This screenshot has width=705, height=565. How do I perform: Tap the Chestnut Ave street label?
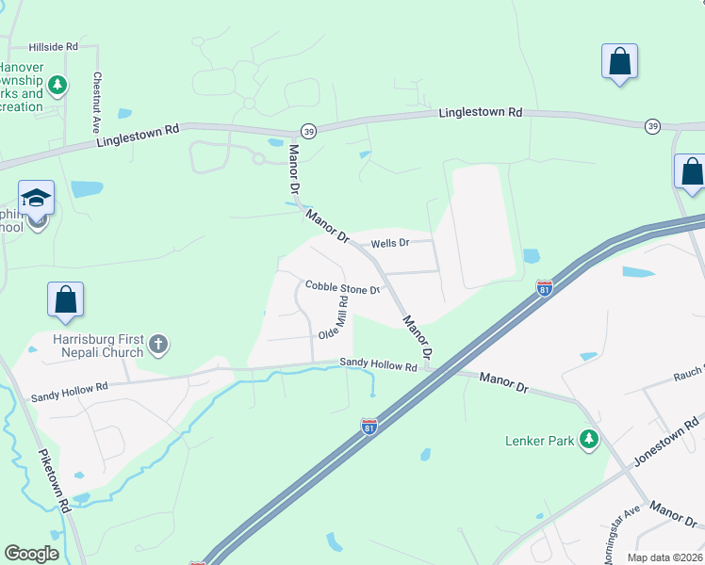[96, 103]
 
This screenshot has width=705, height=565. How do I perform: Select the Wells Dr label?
[389, 243]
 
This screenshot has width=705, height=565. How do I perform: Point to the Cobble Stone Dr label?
[341, 287]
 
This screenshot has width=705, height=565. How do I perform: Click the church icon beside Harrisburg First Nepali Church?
[157, 345]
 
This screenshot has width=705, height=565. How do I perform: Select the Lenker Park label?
[540, 439]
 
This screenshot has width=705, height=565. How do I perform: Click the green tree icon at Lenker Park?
[589, 439]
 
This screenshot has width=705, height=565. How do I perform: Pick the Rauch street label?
[686, 374]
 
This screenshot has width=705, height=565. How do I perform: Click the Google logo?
[31, 554]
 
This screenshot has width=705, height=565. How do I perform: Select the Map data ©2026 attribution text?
[664, 557]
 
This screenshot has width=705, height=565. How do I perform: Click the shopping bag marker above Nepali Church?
[66, 299]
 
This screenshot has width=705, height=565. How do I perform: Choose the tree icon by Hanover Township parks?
[57, 86]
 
